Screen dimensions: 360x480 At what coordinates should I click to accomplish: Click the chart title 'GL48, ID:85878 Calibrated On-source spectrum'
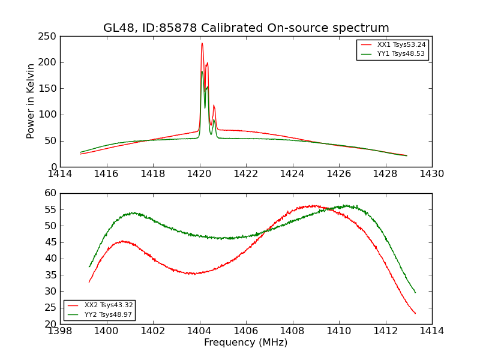click(x=246, y=28)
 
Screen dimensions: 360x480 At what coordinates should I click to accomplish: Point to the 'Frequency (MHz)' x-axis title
click(x=246, y=343)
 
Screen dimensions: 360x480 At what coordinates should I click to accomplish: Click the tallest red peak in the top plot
click(x=202, y=43)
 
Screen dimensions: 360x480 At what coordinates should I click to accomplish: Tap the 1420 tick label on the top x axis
click(x=199, y=174)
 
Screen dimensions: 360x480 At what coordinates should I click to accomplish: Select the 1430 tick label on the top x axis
click(x=432, y=174)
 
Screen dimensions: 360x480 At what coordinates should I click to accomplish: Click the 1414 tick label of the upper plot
click(x=60, y=174)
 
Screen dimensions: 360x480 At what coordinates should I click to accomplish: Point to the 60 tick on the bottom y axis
click(x=50, y=193)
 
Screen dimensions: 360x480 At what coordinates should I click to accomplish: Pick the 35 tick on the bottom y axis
click(x=50, y=275)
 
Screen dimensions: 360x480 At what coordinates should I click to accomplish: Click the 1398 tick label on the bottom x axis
click(x=60, y=331)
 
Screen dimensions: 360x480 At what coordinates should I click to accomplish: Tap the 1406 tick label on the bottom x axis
click(x=246, y=331)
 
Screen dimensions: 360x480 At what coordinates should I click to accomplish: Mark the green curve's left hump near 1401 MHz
click(x=133, y=212)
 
